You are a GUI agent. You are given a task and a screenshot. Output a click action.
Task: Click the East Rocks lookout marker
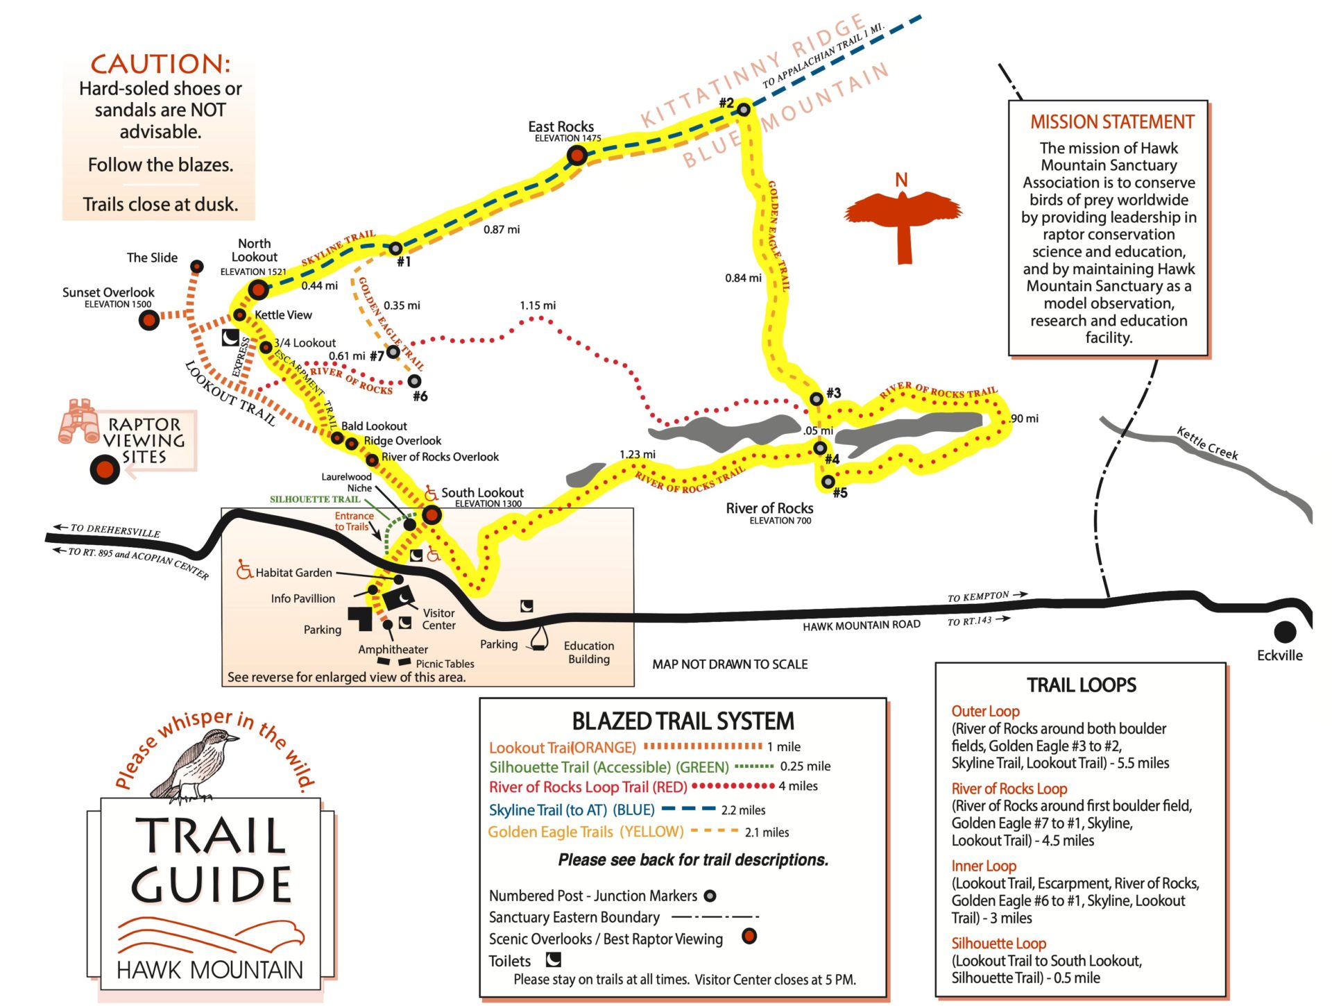[577, 155]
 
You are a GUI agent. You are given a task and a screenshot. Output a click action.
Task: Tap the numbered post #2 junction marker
[743, 109]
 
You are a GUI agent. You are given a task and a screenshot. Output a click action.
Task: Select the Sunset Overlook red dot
[148, 319]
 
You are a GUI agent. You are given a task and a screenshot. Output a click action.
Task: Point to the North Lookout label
[254, 250]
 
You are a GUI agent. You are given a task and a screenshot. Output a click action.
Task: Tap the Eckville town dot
[1285, 632]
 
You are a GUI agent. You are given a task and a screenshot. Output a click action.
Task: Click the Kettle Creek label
[1207, 444]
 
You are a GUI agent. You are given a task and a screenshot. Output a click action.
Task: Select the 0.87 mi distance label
[502, 230]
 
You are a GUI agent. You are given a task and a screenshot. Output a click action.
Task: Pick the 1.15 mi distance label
[538, 305]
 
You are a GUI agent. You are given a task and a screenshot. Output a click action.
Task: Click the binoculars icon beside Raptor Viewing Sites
[78, 421]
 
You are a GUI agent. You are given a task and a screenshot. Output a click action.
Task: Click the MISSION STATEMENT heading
[1111, 122]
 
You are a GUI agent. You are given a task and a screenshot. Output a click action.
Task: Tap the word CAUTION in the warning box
[160, 64]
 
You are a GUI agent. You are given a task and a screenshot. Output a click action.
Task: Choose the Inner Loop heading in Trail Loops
[983, 866]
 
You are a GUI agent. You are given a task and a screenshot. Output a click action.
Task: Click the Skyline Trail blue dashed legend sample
[688, 809]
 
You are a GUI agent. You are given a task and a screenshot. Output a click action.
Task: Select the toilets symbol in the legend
[553, 959]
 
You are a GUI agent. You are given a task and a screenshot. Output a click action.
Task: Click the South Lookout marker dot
[432, 514]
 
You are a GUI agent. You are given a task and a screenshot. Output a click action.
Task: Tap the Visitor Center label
[438, 619]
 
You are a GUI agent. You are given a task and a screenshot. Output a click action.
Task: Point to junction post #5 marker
[828, 481]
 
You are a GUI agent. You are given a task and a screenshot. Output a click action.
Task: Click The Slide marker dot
[197, 267]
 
